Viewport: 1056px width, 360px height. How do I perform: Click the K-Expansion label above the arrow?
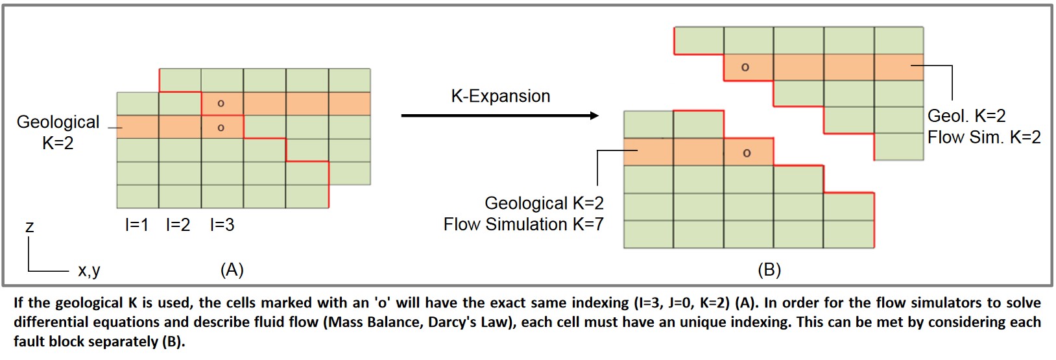click(x=501, y=96)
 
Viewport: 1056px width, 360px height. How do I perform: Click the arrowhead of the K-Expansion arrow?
click(x=594, y=115)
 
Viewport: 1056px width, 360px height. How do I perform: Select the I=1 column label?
click(x=137, y=225)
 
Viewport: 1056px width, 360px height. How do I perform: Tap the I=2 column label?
click(x=178, y=225)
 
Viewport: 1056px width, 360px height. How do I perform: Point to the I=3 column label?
click(x=222, y=225)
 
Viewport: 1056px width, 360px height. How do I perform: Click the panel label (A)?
click(x=232, y=270)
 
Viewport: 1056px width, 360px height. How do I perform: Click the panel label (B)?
click(x=769, y=270)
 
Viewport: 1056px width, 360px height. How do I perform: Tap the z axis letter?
click(x=30, y=227)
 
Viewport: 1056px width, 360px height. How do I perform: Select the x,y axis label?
click(x=89, y=270)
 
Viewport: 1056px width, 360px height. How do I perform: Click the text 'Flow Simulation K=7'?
click(x=523, y=224)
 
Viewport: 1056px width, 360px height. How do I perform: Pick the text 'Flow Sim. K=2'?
click(x=984, y=137)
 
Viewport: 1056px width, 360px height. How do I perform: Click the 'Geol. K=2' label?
click(x=966, y=115)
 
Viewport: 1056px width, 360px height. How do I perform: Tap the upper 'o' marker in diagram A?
click(x=221, y=103)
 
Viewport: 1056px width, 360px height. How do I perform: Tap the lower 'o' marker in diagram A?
click(x=221, y=127)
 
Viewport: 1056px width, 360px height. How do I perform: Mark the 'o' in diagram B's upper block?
click(x=745, y=67)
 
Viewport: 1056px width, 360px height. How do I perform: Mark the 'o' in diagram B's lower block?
click(x=747, y=153)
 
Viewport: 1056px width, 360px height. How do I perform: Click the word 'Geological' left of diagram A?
click(x=58, y=122)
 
